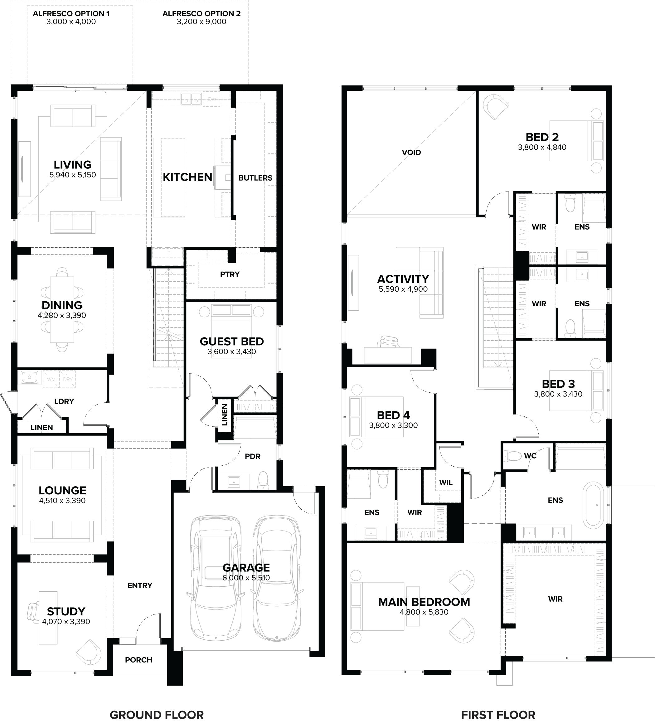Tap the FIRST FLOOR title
[x=498, y=715]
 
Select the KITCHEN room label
[x=187, y=177]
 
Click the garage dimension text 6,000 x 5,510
[x=246, y=578]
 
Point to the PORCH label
[x=138, y=660]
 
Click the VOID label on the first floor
[x=411, y=153]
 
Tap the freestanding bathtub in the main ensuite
[x=593, y=505]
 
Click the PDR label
[x=253, y=456]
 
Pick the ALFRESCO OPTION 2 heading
[x=201, y=14]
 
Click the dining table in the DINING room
[x=62, y=309]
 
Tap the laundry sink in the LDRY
[x=29, y=377]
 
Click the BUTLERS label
[x=255, y=178]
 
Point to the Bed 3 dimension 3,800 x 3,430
[x=558, y=394]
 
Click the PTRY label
[x=230, y=274]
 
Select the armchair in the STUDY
[x=89, y=652]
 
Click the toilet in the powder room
[x=263, y=479]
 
